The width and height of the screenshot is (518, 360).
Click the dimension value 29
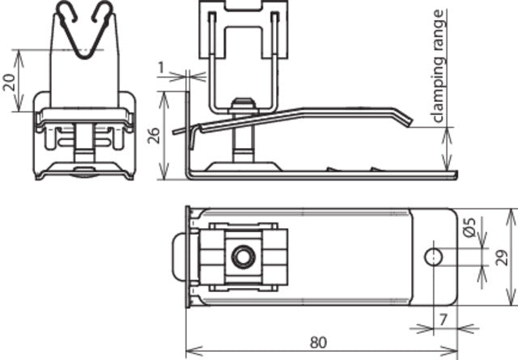(501, 257)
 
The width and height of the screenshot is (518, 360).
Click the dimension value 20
(11, 81)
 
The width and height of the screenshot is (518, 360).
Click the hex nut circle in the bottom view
(240, 257)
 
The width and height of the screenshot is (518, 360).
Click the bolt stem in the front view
(83, 146)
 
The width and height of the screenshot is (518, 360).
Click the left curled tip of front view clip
(65, 11)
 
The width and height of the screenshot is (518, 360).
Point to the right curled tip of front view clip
(104, 11)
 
